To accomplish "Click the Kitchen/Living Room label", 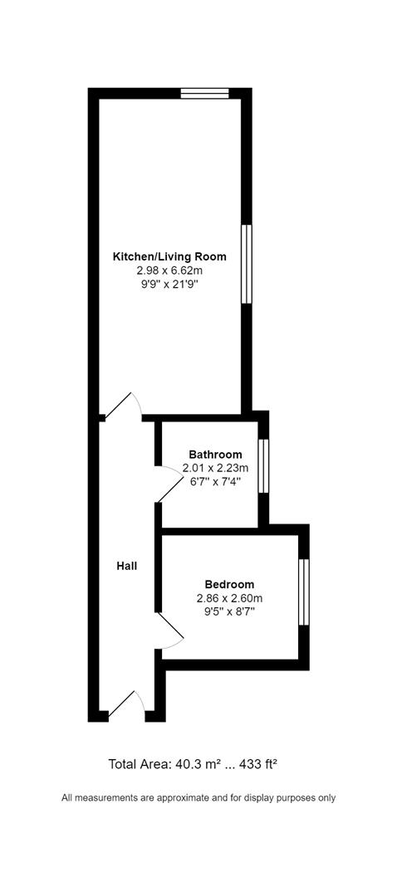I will point(169,256).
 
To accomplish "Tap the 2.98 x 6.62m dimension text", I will point(169,270).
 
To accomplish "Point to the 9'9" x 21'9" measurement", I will point(169,284).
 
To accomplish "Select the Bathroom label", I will point(215,454).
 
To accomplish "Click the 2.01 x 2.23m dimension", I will point(215,468).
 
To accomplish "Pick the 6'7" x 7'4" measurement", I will point(215,481).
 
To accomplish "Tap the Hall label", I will point(126,566).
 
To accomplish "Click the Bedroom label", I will point(229,584).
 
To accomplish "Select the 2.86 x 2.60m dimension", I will point(229,598).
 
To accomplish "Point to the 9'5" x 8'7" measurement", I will point(229,612).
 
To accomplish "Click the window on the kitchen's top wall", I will point(204,93).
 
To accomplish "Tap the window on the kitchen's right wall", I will point(246,264).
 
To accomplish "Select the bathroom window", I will point(263,465).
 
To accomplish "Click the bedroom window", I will point(303,592).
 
